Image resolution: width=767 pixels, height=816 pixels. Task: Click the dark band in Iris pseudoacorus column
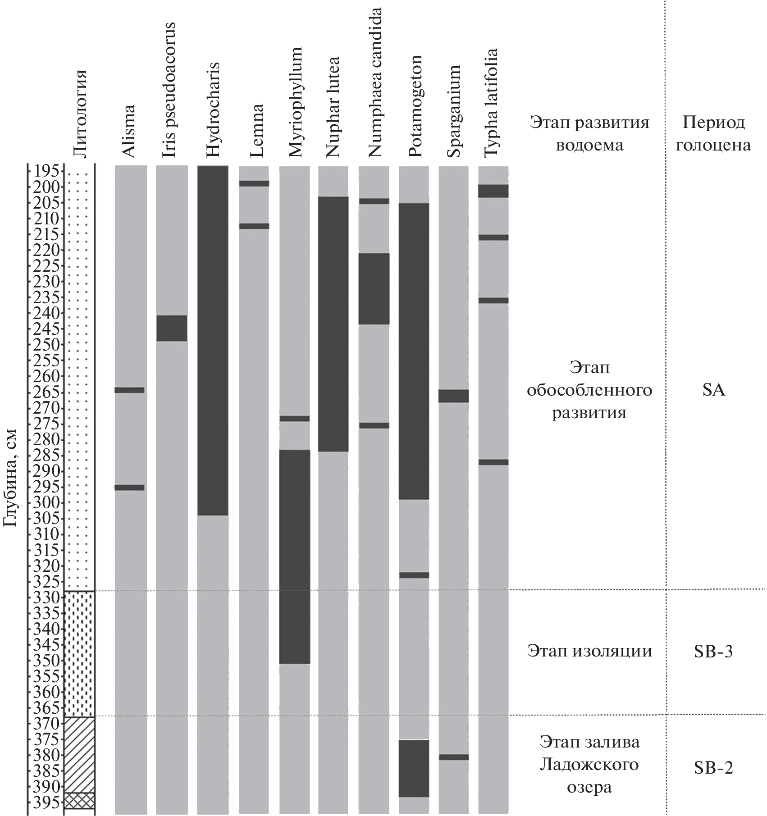pos(171,328)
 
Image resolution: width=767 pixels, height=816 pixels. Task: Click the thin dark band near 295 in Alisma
pos(129,487)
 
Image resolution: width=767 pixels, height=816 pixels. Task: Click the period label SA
pos(714,390)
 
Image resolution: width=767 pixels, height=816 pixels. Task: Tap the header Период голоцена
pos(714,134)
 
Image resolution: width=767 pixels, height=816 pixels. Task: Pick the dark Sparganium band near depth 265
pos(453,396)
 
